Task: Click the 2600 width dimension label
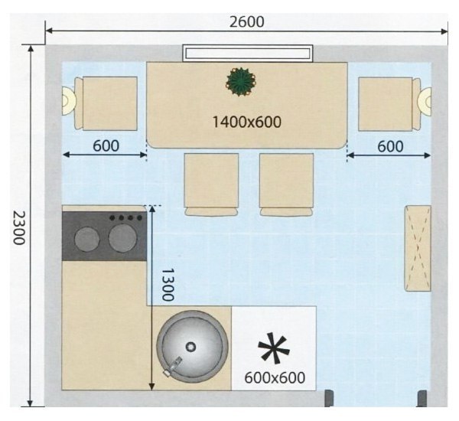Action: pyautogui.click(x=246, y=22)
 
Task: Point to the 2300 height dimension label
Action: pyautogui.click(x=19, y=227)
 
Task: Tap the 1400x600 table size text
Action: pyautogui.click(x=246, y=122)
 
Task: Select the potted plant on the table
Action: pyautogui.click(x=241, y=82)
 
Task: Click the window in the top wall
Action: pyautogui.click(x=248, y=54)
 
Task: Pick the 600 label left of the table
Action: pyautogui.click(x=106, y=145)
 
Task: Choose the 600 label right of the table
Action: pyautogui.click(x=390, y=146)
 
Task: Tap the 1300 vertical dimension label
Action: pyautogui.click(x=168, y=285)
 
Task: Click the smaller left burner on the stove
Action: pyautogui.click(x=87, y=239)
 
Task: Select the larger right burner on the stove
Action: pyautogui.click(x=122, y=237)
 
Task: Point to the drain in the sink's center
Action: pyautogui.click(x=190, y=347)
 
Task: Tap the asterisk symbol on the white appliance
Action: pyautogui.click(x=274, y=348)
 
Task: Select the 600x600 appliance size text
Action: pyautogui.click(x=275, y=377)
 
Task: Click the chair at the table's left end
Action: pyautogui.click(x=106, y=103)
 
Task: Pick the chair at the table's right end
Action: pyautogui.click(x=389, y=104)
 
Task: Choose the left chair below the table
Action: pyautogui.click(x=211, y=184)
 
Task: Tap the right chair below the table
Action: pyautogui.click(x=286, y=184)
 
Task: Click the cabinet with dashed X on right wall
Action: pyautogui.click(x=418, y=249)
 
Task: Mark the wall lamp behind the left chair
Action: pyautogui.click(x=69, y=101)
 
